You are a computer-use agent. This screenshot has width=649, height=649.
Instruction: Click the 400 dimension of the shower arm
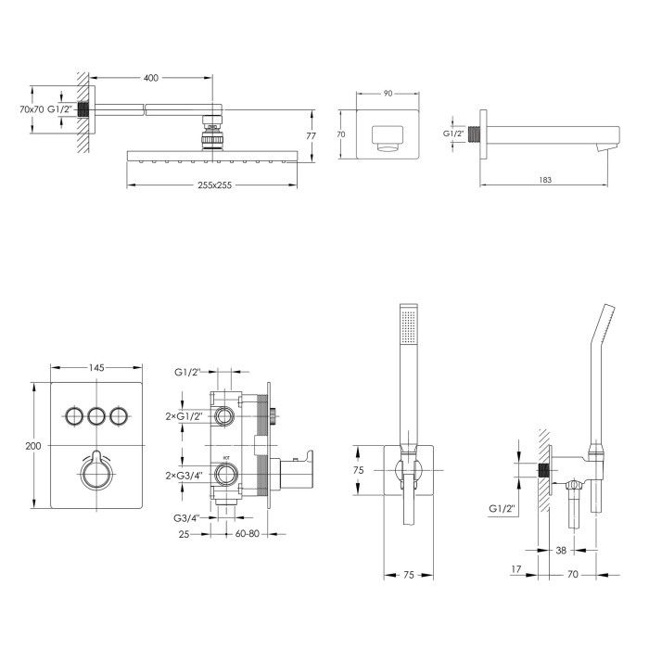point(150,77)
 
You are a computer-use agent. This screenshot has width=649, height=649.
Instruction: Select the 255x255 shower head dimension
point(214,185)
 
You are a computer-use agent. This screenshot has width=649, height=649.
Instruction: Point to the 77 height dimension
point(312,135)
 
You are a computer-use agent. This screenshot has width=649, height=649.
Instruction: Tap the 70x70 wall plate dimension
point(32,109)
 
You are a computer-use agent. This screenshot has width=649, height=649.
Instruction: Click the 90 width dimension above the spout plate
point(388,94)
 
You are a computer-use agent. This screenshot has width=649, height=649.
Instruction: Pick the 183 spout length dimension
point(545,180)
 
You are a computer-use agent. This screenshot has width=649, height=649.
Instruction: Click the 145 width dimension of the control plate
point(96,367)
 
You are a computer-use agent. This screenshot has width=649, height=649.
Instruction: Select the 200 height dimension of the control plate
point(33,446)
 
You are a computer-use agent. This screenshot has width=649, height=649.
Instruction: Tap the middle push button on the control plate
point(96,415)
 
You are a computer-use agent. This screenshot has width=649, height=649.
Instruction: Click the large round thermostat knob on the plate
point(96,472)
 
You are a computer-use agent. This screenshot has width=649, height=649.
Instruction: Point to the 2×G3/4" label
point(185,476)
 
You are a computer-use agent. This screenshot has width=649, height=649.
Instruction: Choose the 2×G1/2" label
point(185,416)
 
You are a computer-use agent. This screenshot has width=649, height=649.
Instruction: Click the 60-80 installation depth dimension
point(248,534)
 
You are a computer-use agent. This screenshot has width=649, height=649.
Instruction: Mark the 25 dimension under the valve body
point(184,534)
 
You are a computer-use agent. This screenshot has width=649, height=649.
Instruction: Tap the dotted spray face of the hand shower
point(409,325)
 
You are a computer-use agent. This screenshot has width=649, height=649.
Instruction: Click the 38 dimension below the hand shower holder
point(561,550)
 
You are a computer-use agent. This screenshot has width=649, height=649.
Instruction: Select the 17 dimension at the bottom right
point(515,569)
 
